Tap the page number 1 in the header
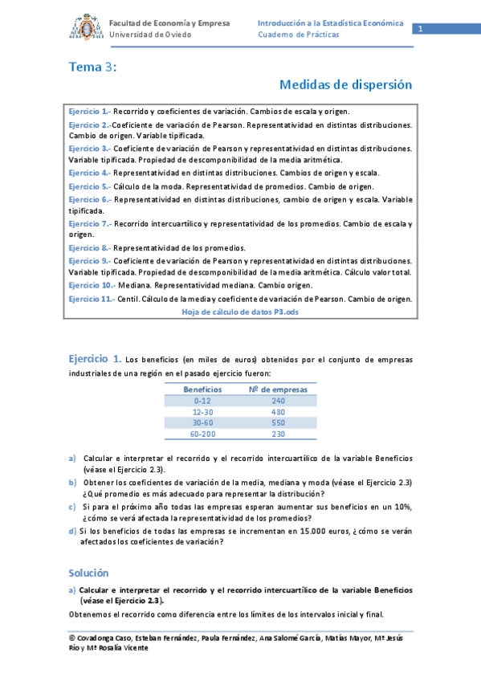pyautogui.click(x=419, y=29)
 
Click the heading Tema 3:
pyautogui.click(x=92, y=67)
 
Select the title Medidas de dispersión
pyautogui.click(x=345, y=84)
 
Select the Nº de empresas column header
pyautogui.click(x=278, y=388)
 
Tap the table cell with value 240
pyautogui.click(x=278, y=400)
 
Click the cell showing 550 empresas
pyautogui.click(x=278, y=422)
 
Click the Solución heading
pyautogui.click(x=88, y=573)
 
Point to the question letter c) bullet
pyautogui.click(x=72, y=507)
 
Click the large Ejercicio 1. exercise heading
pyautogui.click(x=95, y=358)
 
